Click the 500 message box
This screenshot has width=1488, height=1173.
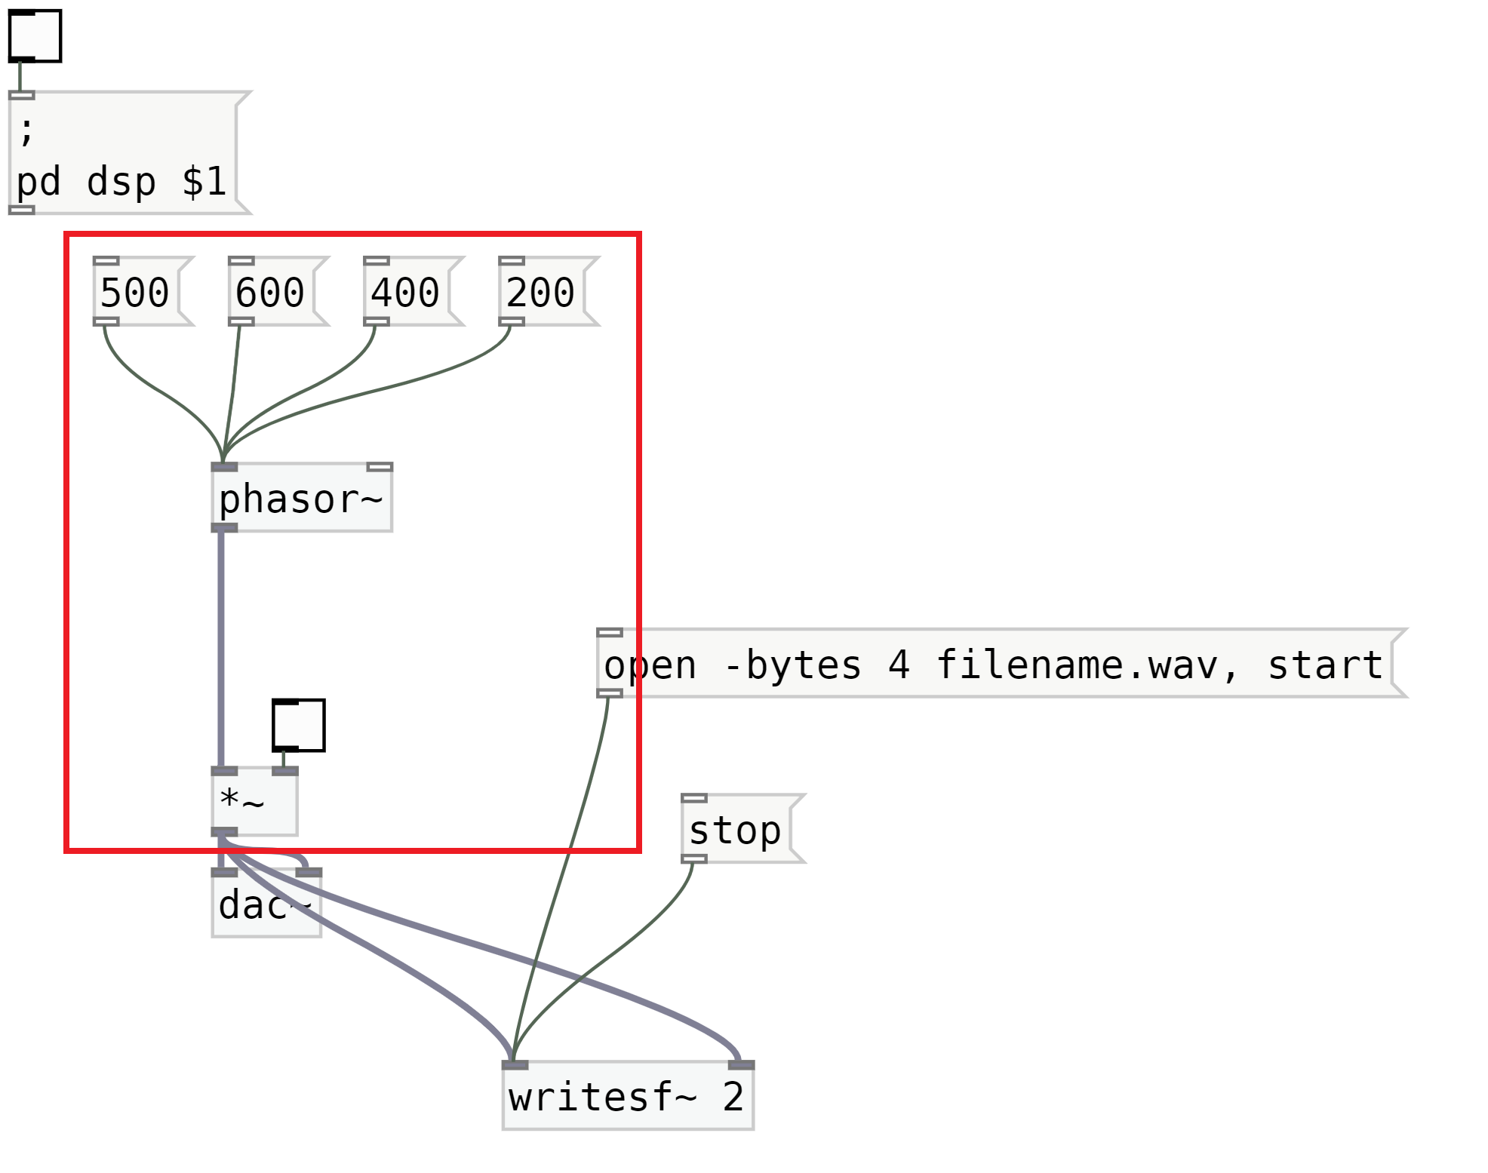(x=136, y=292)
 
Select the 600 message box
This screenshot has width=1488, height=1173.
(x=271, y=292)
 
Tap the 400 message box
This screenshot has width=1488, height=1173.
(x=406, y=292)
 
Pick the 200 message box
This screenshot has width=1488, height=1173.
(x=541, y=292)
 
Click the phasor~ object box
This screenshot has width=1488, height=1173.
(x=301, y=499)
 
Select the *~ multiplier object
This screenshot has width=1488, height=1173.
(x=254, y=802)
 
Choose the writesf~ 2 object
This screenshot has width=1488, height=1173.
(x=627, y=1097)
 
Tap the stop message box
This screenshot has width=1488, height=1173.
(x=736, y=830)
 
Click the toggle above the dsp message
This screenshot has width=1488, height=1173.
(x=35, y=35)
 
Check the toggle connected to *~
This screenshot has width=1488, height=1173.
(x=299, y=725)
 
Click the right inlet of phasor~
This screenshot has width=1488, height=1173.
(x=380, y=467)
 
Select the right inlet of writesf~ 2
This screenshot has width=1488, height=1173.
(x=741, y=1064)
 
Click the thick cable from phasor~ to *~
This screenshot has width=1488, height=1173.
(x=221, y=649)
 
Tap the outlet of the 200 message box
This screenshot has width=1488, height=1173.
(x=512, y=322)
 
